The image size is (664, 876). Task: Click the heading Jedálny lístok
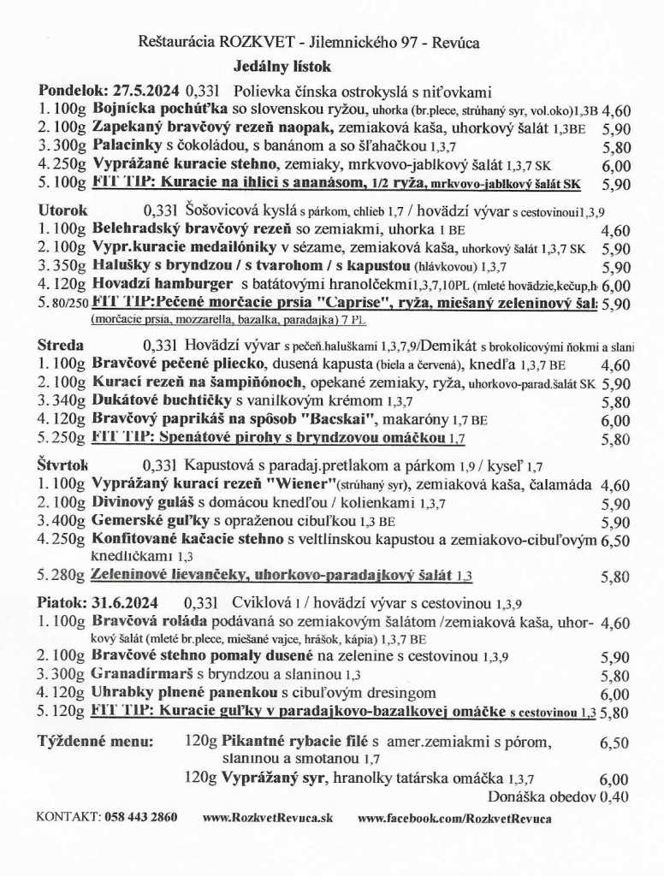(282, 66)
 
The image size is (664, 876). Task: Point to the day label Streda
(61, 346)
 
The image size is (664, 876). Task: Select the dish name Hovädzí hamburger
(163, 284)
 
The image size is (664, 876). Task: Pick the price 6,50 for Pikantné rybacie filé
(615, 743)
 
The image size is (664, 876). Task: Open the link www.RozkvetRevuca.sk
(267, 817)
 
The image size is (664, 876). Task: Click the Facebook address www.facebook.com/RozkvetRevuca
(454, 817)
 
